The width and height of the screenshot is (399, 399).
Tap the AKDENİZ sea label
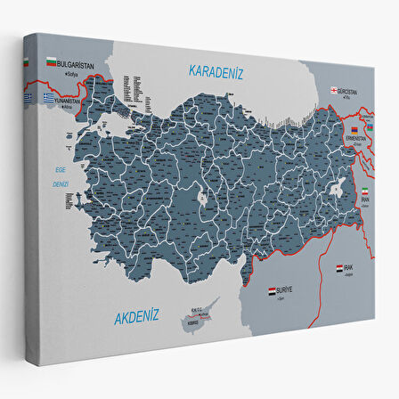point(134,313)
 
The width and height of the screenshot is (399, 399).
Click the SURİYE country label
point(286,290)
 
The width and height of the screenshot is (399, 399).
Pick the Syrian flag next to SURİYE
point(273,290)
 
